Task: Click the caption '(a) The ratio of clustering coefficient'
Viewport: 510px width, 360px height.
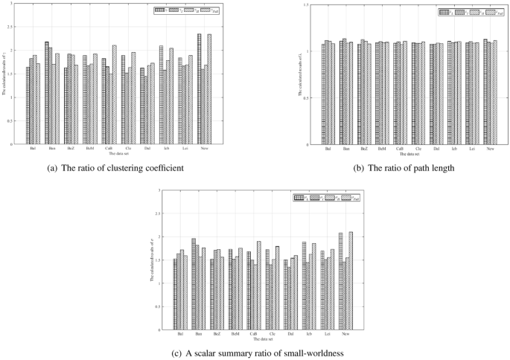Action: click(115, 168)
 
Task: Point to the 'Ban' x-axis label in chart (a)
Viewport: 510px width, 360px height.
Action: click(51, 148)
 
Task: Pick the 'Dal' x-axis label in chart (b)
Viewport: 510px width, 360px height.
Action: click(436, 148)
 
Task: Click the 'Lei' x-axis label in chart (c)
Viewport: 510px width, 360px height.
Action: click(328, 333)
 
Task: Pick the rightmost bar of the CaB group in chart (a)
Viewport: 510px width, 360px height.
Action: click(115, 95)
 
